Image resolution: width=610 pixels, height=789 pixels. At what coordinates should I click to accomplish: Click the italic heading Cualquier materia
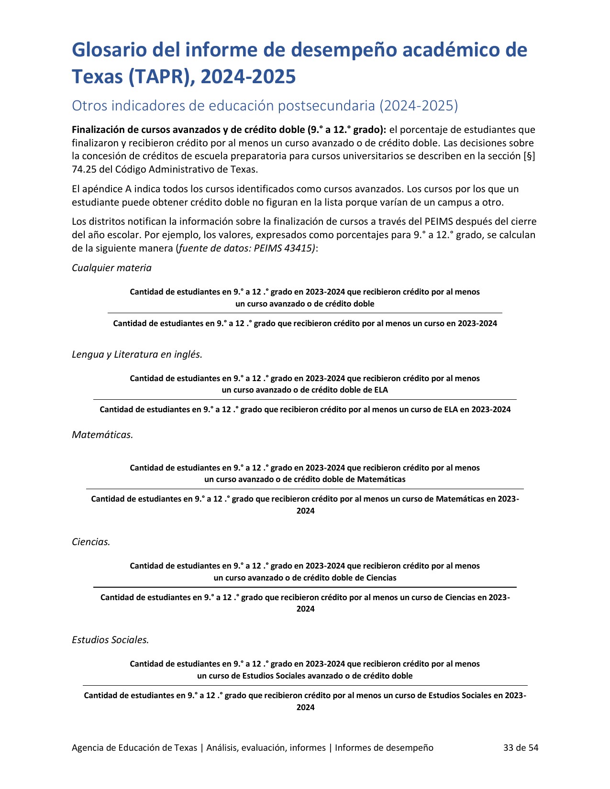point(111,268)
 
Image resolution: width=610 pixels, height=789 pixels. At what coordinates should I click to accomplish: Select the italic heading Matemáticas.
point(102,435)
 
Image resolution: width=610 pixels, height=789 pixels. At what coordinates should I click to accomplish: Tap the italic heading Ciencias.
point(91,542)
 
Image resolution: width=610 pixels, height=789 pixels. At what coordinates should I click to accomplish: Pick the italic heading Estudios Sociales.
point(111,640)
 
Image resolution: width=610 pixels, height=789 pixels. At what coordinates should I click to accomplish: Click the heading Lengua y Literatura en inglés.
point(137,354)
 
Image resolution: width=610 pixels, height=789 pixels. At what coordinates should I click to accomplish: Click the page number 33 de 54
point(521,747)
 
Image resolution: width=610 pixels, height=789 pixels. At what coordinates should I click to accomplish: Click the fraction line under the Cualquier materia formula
point(305,313)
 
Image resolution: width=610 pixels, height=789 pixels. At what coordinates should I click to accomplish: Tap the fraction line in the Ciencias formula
point(305,587)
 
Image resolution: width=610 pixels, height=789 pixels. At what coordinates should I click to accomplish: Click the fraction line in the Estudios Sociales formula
point(305,686)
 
